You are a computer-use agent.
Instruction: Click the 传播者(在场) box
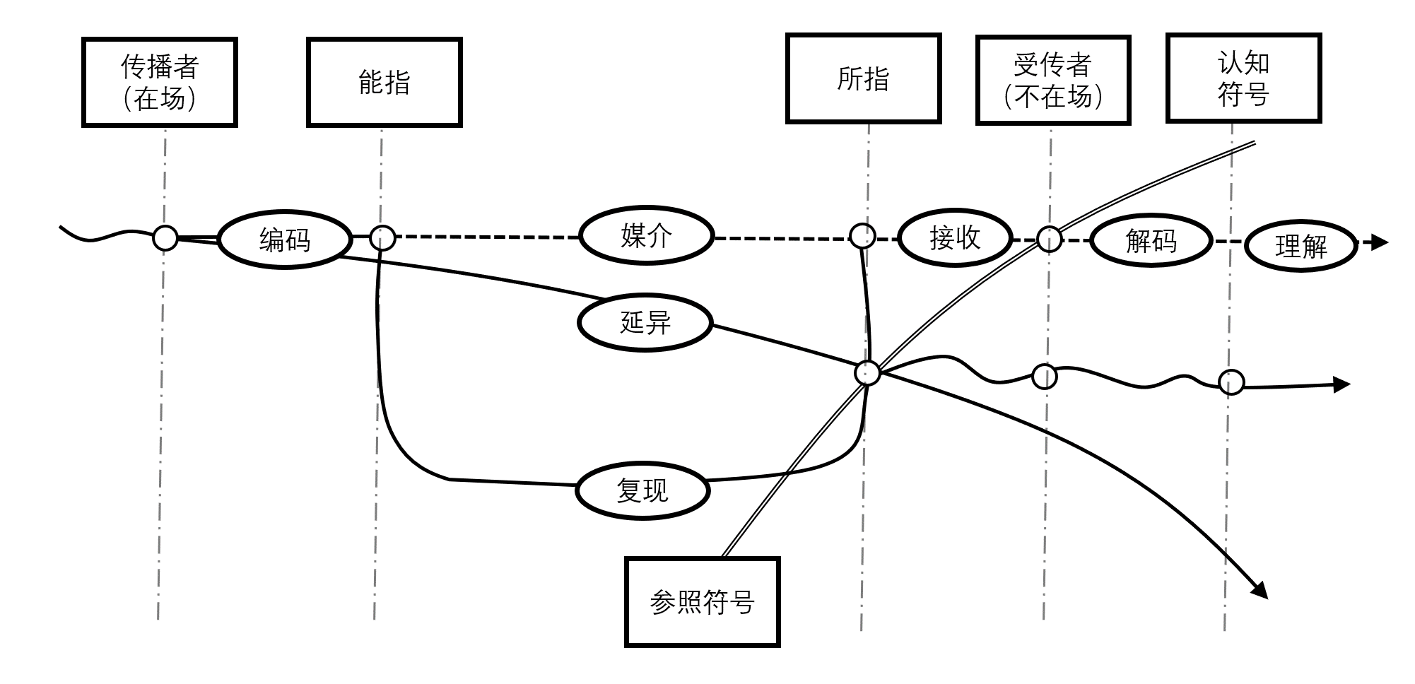(160, 83)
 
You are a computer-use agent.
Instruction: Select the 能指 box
(384, 83)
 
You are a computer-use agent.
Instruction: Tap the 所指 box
(863, 78)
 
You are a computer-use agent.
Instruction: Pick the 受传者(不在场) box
(1053, 81)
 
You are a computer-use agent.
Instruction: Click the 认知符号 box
(1243, 78)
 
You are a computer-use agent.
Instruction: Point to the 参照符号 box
(702, 602)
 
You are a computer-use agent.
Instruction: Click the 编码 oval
(285, 240)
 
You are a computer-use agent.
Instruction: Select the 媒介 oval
(646, 235)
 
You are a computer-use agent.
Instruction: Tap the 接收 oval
(955, 237)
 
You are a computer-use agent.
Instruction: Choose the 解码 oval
(1151, 241)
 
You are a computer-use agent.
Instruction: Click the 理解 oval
(1300, 247)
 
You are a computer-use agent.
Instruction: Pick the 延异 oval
(645, 322)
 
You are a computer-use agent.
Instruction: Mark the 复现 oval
(642, 490)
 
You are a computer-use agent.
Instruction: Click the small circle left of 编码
(165, 238)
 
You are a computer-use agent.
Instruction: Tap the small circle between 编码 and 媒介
(382, 237)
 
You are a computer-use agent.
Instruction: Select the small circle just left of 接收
(862, 236)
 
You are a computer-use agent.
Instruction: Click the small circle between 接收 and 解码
(1049, 240)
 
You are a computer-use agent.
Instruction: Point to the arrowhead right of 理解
(1379, 243)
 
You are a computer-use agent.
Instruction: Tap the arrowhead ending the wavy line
(1341, 385)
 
